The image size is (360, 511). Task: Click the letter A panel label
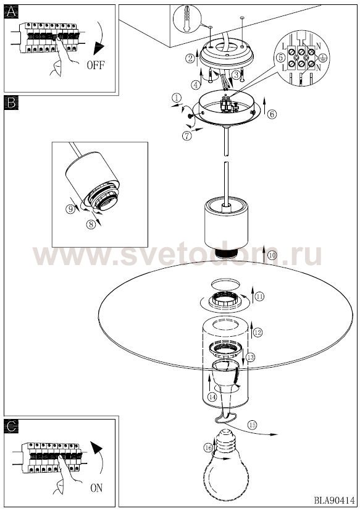(11, 12)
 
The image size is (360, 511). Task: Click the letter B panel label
(11, 103)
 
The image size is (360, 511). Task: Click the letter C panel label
(11, 426)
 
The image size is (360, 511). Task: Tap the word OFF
(96, 65)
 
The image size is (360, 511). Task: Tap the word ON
(96, 488)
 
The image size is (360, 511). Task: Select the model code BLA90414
(334, 500)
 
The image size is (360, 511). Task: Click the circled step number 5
(280, 57)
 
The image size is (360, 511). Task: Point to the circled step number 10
(273, 255)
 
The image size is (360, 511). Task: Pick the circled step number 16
(208, 447)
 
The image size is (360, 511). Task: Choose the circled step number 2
(190, 58)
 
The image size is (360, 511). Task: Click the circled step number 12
(257, 332)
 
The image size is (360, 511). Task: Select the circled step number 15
(252, 425)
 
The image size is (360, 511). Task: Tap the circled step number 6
(272, 114)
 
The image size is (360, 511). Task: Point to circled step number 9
(70, 209)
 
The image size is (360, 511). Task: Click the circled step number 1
(176, 98)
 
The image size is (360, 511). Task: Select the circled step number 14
(212, 397)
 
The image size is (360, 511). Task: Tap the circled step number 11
(259, 296)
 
